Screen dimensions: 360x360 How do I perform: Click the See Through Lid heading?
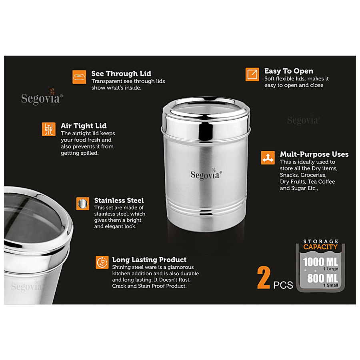[x=121, y=74]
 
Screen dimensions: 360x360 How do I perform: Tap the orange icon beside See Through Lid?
[x=79, y=77]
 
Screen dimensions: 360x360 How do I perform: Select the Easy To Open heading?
[x=288, y=71]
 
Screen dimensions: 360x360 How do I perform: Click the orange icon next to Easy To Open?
[x=252, y=74]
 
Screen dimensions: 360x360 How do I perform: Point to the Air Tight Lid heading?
[x=84, y=126]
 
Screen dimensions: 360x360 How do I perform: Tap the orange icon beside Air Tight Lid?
[x=49, y=129]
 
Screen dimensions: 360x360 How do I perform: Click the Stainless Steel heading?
[x=119, y=200]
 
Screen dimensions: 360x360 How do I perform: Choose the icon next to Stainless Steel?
[x=83, y=204]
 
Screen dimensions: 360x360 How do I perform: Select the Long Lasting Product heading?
[x=149, y=260]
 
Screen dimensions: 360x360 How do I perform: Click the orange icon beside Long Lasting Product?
[x=102, y=263]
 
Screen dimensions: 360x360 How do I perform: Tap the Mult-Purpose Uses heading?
[x=314, y=154]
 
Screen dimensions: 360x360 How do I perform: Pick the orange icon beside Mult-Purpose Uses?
[x=268, y=158]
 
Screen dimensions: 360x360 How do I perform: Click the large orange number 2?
[x=264, y=279]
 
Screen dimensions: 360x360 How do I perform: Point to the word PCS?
[x=283, y=286]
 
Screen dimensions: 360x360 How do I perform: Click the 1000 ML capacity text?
[x=320, y=262]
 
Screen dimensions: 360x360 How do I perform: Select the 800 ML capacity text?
[x=322, y=278]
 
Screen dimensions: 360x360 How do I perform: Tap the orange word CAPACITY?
[x=320, y=247]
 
